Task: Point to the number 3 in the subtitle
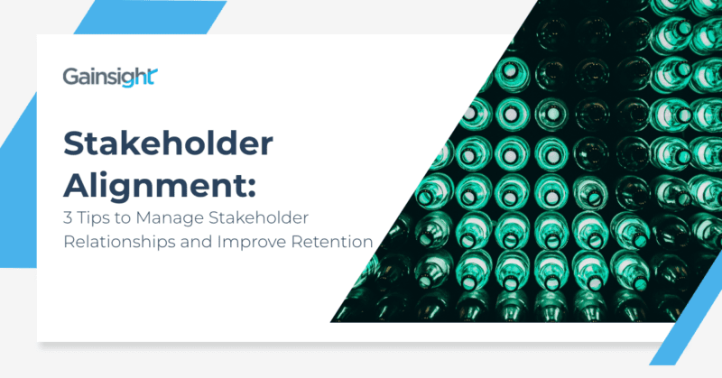67,219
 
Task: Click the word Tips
94,219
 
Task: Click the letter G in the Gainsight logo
70,78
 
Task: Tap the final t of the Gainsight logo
155,77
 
